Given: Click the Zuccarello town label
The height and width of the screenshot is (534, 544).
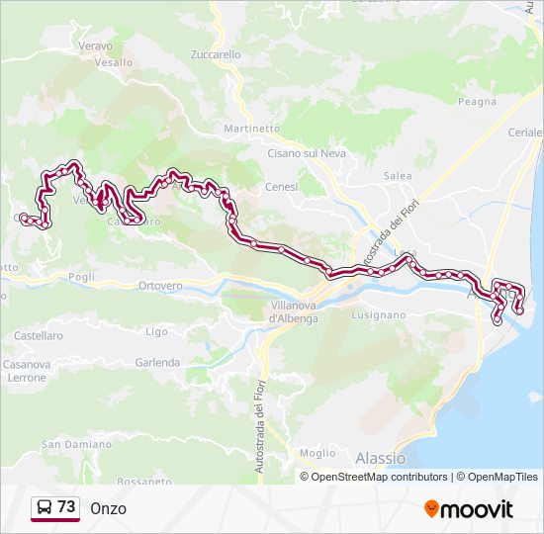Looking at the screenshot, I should tap(216, 55).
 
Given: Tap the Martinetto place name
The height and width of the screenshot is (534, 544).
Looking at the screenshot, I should tap(252, 129).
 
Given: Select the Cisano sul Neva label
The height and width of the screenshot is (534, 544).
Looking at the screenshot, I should tap(307, 153).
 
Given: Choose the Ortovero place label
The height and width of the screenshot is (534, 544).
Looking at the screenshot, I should tap(161, 286).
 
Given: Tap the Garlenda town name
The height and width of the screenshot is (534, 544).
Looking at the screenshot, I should tap(157, 362).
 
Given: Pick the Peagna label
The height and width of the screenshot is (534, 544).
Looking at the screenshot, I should tap(477, 101).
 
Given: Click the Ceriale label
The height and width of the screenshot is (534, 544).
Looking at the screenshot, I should tap(525, 133).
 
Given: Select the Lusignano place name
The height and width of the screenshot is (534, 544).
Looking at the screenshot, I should tap(379, 314).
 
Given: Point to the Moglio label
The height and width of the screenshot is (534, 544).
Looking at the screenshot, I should tap(317, 453).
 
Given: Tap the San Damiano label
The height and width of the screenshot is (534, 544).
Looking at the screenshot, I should tap(75, 445).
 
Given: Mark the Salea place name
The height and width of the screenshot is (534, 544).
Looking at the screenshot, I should tap(398, 175).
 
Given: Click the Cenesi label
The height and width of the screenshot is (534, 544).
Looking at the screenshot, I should tap(281, 186).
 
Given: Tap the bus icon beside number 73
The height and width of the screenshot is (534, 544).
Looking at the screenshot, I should tap(45, 508).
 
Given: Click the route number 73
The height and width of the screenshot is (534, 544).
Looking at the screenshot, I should tap(66, 507).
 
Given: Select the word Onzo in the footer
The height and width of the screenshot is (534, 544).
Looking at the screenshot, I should tap(108, 508).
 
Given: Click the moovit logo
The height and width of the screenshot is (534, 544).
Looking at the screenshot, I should tap(469, 509).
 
